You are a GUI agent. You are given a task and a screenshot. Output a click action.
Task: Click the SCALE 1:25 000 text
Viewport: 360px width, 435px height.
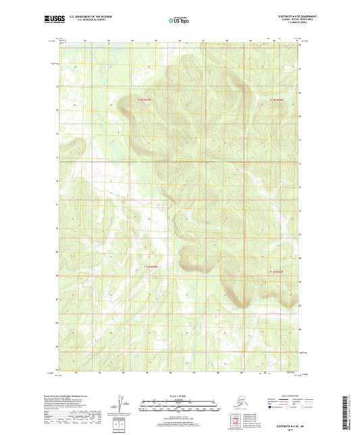pos(180,388)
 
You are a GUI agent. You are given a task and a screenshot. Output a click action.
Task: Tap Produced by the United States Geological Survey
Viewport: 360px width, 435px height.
pos(80,389)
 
